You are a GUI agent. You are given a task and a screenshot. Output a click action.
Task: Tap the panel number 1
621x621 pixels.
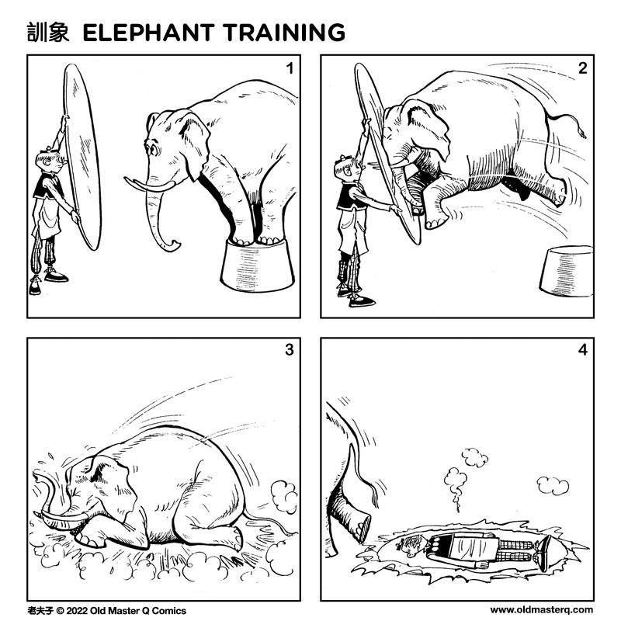289,68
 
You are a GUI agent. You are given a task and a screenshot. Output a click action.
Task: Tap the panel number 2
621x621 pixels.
581,68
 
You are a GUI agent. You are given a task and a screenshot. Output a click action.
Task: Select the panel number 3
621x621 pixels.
289,350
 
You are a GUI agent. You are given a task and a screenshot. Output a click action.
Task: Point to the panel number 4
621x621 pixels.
581,350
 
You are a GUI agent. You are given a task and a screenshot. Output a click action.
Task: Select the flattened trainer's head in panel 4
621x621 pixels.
410,546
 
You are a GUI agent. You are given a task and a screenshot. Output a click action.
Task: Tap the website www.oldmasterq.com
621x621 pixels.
541,610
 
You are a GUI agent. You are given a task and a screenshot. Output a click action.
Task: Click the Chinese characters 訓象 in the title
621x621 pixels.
48,33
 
